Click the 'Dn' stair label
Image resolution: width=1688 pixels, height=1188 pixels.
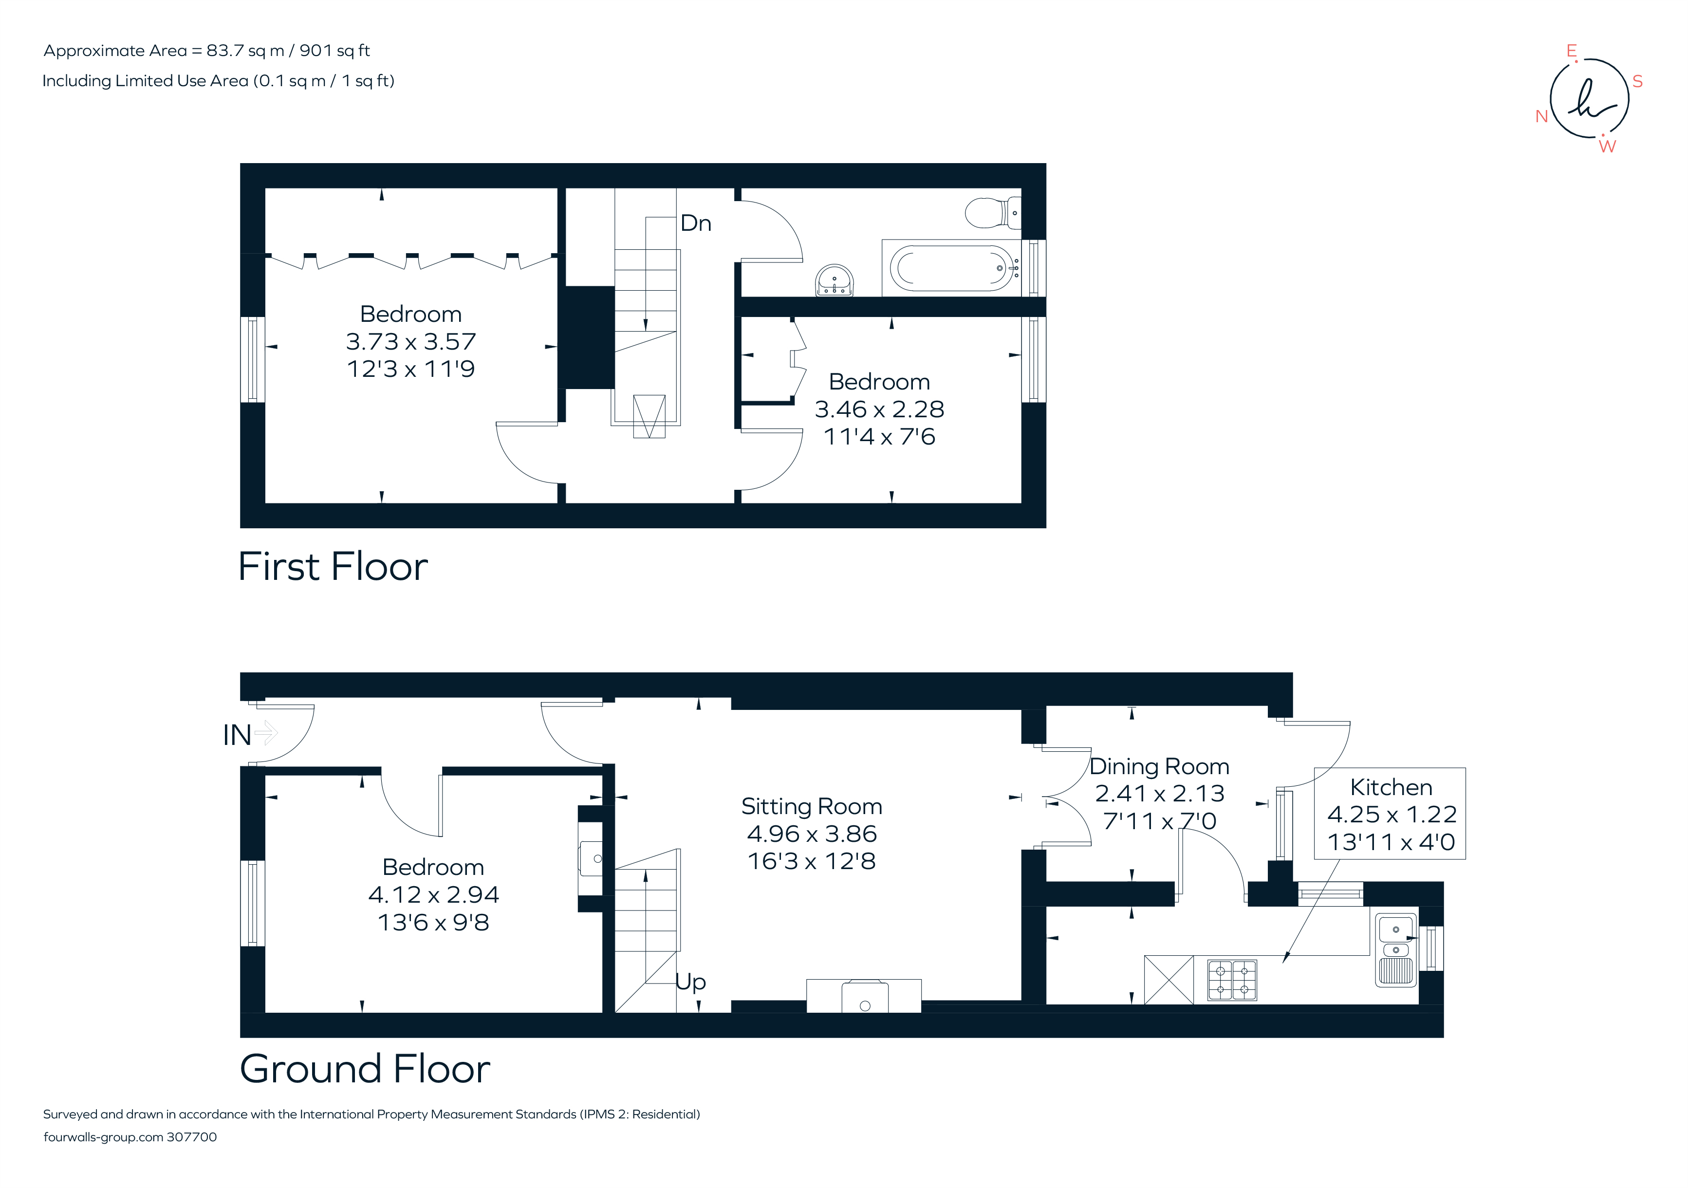tap(695, 223)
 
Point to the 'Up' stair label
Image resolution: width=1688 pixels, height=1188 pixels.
tap(690, 982)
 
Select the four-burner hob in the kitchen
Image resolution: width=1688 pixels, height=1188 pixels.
tap(1232, 979)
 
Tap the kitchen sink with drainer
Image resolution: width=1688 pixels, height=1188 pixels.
tap(1395, 949)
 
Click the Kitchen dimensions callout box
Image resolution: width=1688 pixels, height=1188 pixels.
tap(1390, 814)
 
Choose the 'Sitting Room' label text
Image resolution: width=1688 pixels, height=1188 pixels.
tap(811, 806)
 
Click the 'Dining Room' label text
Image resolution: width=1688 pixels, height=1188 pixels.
tap(1159, 767)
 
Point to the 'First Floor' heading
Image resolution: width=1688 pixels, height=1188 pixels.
tap(333, 567)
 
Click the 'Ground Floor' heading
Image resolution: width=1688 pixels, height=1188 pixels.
tap(365, 1069)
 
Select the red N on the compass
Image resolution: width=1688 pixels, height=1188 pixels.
tap(1542, 116)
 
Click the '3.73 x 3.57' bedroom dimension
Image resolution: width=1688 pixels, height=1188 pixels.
tap(410, 342)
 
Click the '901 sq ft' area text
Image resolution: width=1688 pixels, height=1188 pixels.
tap(334, 51)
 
